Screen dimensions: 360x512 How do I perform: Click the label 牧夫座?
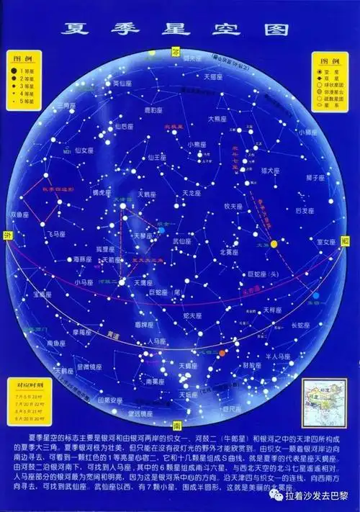point(233,206)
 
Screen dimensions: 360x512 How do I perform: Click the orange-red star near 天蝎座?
point(223,352)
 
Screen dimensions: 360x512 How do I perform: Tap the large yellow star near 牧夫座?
point(274,244)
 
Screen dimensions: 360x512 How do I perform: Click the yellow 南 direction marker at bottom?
point(177,424)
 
